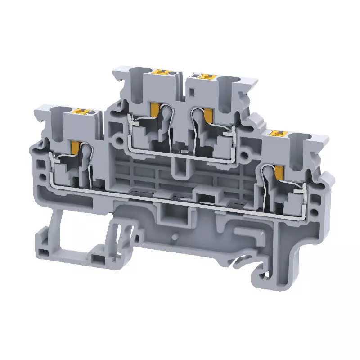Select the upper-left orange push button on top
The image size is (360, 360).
click(x=161, y=72)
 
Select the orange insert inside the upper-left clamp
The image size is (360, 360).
click(x=155, y=109)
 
